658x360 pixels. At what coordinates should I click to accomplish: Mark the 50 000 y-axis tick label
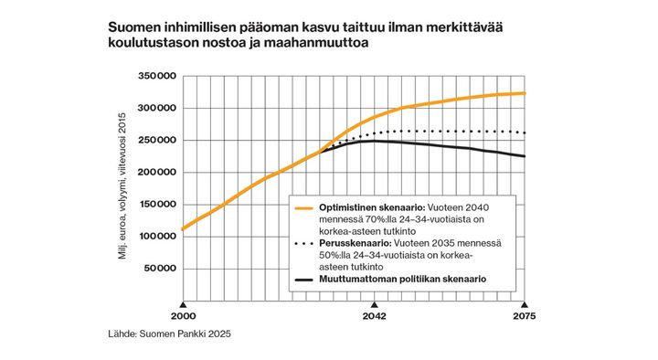[x=158, y=269]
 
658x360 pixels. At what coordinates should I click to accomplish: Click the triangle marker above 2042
[x=374, y=303]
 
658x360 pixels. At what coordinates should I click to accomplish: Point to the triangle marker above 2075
[x=524, y=303]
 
